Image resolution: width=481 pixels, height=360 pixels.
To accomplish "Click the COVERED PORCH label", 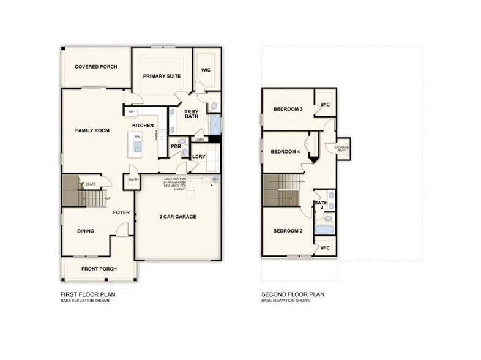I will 96,67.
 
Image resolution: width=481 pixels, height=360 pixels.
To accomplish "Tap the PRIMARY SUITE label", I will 162,77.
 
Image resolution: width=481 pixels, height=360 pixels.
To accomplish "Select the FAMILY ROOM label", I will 92,131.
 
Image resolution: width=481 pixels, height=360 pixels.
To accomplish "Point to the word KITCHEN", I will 143,126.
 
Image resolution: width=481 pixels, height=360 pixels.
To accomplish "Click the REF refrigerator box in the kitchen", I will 131,111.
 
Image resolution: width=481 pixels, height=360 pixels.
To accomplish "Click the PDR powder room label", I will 176,146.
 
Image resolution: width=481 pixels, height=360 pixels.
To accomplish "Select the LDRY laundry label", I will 198,157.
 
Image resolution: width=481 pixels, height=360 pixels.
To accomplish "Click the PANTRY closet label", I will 133,179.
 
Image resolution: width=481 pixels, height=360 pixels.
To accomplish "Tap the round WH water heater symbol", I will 215,179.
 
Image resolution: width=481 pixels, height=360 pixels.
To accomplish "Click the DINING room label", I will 85,231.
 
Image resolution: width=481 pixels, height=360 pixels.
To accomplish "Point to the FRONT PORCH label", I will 99,269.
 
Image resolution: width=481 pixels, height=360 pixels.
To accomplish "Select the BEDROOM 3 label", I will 288,109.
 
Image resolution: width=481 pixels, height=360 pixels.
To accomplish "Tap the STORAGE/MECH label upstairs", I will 341,149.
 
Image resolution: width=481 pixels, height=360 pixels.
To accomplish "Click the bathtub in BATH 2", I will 323,230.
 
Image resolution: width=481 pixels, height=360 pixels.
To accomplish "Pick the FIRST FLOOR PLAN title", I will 88,294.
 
